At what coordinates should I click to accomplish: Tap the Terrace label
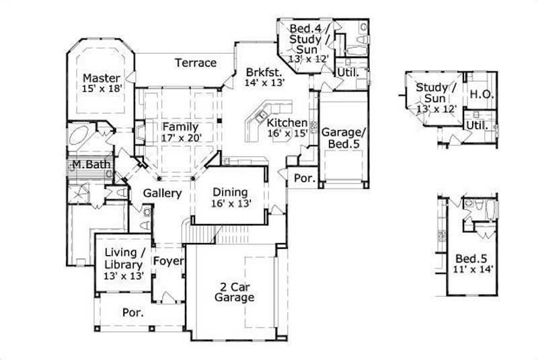coord(196,63)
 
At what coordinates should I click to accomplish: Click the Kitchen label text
coord(287,123)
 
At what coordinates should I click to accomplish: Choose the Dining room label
coord(231,192)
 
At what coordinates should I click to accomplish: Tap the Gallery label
coord(162,194)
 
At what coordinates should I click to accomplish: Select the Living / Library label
coord(124,258)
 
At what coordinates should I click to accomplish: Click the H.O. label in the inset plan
coord(482,95)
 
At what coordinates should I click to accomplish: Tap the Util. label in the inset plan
coord(477,125)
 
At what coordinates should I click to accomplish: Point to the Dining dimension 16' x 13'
coord(231,204)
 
